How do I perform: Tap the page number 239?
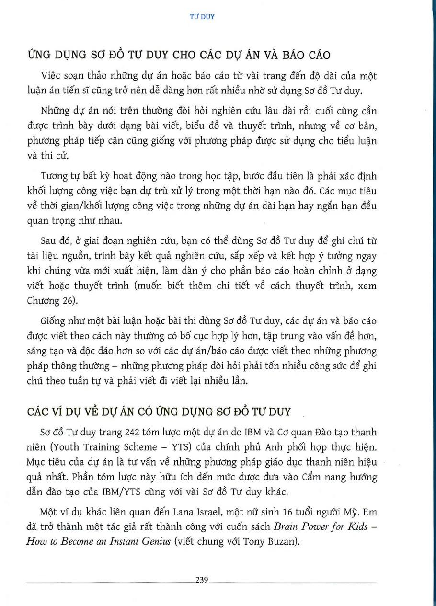tap(201, 581)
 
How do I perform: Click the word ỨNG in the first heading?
tap(37, 55)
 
